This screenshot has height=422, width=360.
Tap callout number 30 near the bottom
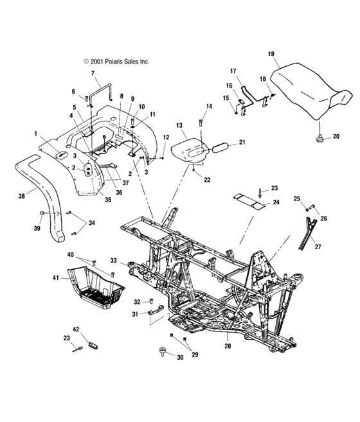[x=180, y=358]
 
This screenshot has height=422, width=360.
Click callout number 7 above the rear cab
[x=93, y=75]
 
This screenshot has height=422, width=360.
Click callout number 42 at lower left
[x=76, y=329]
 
